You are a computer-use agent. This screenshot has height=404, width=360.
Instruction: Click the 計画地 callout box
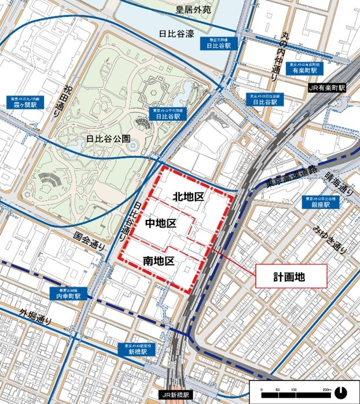[x=291, y=276]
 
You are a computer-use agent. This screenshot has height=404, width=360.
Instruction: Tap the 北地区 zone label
[x=188, y=197]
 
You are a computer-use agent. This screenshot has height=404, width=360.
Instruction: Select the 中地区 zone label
[x=160, y=223]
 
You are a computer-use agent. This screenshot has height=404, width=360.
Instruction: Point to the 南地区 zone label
[x=158, y=261]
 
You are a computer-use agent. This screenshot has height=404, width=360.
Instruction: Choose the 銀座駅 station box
[x=320, y=201]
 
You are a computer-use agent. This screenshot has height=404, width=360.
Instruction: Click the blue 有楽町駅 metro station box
[x=306, y=67]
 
